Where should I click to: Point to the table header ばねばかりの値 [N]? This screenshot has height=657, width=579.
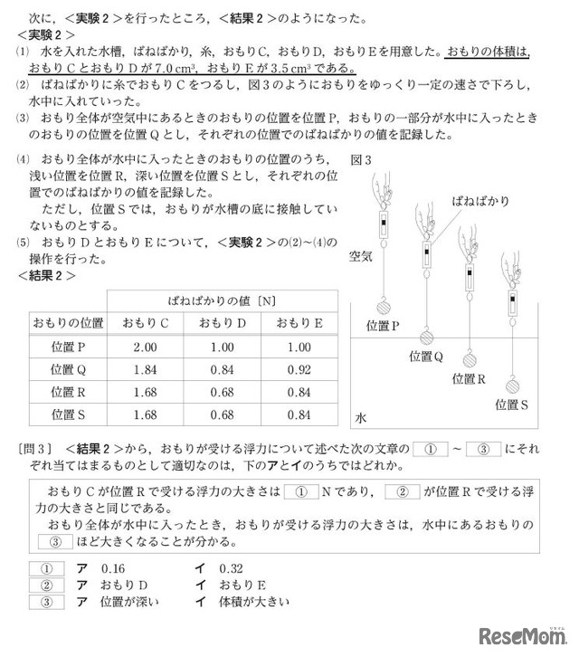pos(222,300)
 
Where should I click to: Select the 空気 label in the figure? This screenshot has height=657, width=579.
pos(361,257)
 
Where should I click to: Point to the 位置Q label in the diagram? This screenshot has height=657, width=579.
pos(426,357)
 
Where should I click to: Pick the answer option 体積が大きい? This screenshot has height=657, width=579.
pos(243,603)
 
